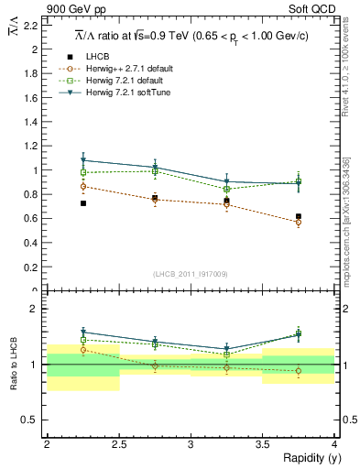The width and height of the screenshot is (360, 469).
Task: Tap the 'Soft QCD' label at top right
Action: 311,10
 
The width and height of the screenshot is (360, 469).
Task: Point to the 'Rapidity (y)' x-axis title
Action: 306,459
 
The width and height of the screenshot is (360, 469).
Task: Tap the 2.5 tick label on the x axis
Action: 118,444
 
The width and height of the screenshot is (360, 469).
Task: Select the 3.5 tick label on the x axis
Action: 262,444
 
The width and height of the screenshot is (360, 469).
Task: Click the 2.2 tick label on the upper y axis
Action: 33,25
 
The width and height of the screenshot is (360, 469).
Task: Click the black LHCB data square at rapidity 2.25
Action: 83,203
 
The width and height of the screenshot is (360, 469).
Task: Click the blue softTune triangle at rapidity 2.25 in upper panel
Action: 83,160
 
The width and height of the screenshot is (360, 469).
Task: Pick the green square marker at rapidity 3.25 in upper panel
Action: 227,189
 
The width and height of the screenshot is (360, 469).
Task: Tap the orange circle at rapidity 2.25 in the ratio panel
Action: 83,350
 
